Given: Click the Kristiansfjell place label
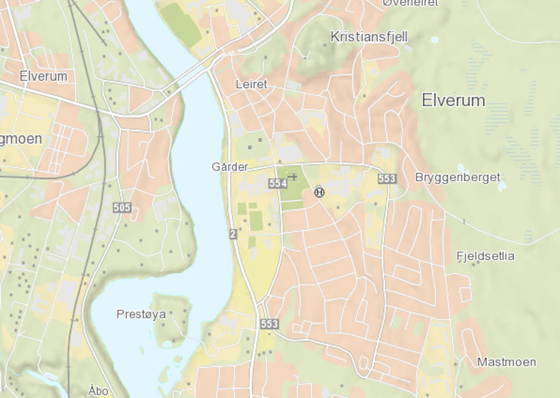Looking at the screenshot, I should [x=369, y=37].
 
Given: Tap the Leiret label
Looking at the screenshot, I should [x=252, y=84].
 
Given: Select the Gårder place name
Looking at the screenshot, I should [x=230, y=166].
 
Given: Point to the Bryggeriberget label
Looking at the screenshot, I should [x=457, y=177].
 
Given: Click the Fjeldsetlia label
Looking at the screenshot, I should [x=485, y=256].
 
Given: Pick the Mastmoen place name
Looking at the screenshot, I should [x=506, y=362].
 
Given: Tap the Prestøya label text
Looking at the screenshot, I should [x=141, y=315].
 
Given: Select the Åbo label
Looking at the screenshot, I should [x=98, y=391].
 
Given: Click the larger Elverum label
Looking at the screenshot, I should [x=453, y=100].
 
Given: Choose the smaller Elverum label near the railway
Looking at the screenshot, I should [x=43, y=76].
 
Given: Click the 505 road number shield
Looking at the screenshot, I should [x=122, y=208].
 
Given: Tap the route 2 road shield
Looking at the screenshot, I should [x=233, y=234].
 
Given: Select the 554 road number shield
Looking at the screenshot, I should [x=278, y=184].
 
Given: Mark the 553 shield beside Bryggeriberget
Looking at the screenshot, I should [x=387, y=178].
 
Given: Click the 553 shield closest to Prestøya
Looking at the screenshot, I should [x=269, y=324].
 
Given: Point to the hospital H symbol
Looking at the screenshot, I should [x=319, y=192].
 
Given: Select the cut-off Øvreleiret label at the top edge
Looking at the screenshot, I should [x=411, y=3].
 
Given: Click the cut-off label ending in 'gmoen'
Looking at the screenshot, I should [x=21, y=139].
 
